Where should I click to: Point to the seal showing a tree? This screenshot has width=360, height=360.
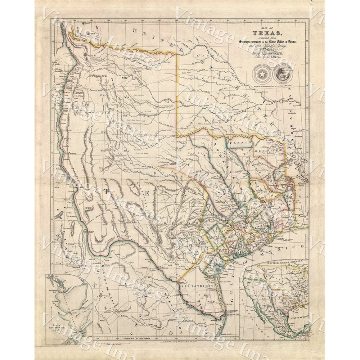[x=283, y=75]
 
